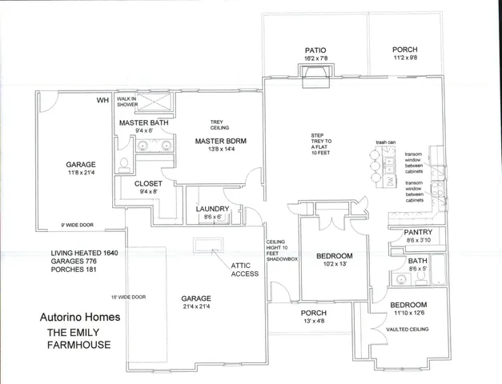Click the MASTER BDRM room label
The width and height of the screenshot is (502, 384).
(221, 141)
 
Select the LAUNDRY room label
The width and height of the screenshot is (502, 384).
(213, 209)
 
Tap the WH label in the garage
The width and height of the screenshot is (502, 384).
(102, 100)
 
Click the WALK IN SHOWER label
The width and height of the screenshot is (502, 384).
(127, 102)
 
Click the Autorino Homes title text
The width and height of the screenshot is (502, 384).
(80, 317)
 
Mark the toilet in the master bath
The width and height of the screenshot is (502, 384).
(124, 164)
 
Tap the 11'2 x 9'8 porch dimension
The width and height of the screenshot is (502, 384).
(404, 58)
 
